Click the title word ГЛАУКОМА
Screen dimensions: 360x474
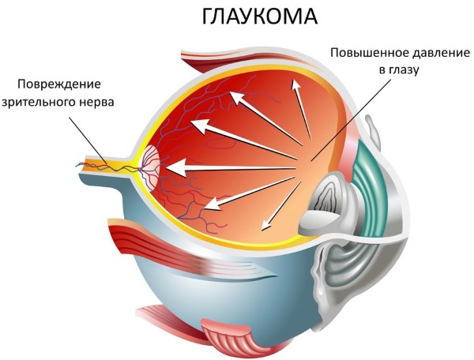pyautogui.click(x=246, y=18)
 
